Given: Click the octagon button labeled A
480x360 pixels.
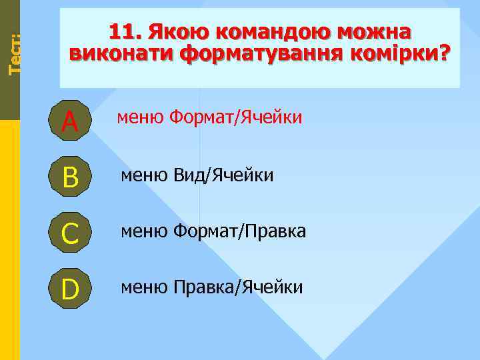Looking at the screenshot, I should click(69, 120).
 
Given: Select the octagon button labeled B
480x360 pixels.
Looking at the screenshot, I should click(69, 176).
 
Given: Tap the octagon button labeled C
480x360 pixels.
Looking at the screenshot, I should click(69, 233).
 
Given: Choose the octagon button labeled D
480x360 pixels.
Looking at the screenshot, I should click(69, 289).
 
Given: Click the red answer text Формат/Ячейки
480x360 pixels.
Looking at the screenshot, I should click(235, 118).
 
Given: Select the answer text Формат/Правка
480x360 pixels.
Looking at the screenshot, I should click(239, 231).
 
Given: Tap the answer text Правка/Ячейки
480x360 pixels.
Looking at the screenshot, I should click(238, 287).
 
